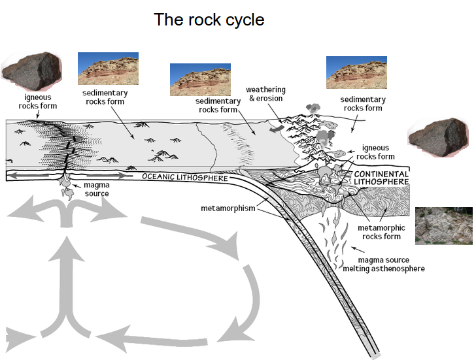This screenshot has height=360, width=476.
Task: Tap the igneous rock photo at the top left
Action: coord(31,71)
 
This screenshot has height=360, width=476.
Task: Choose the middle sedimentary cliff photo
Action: coord(199,79)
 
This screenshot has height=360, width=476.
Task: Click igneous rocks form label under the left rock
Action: coord(37,101)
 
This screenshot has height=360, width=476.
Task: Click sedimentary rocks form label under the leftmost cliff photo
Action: coord(105,97)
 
